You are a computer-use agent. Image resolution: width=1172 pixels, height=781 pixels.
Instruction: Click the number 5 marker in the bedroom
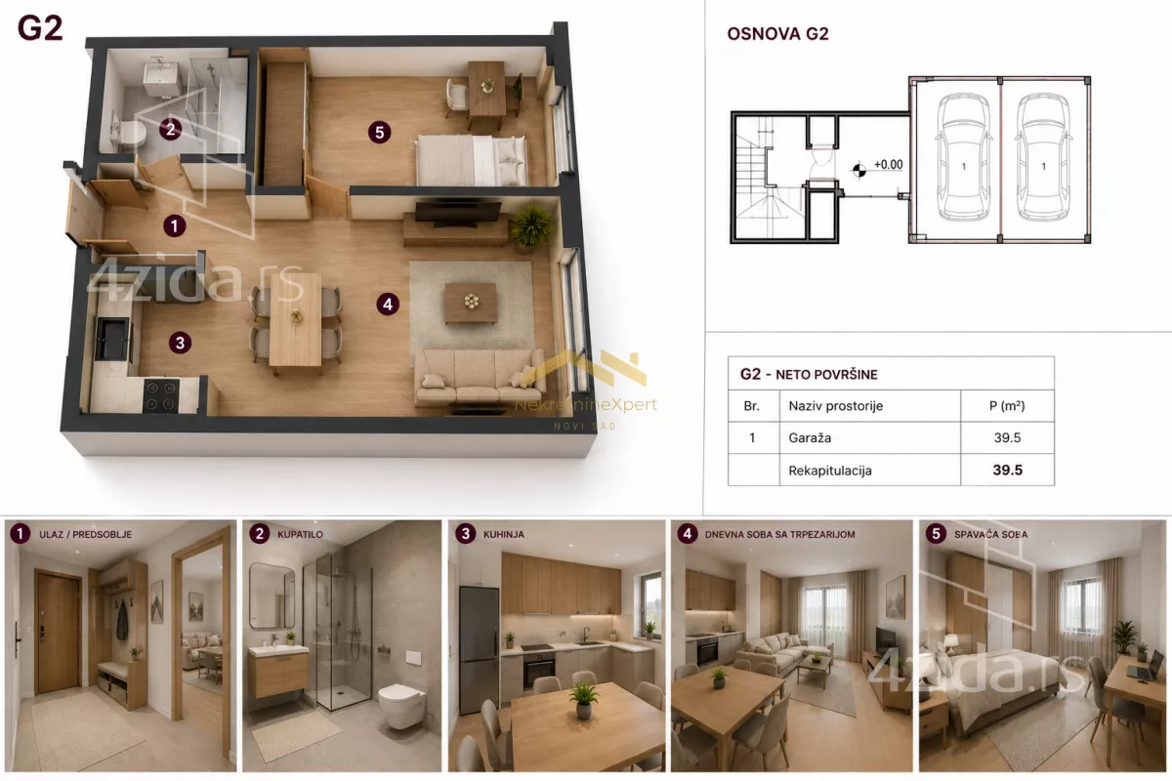pos(379,133)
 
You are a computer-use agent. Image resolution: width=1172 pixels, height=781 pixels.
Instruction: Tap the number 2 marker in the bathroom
pos(171,128)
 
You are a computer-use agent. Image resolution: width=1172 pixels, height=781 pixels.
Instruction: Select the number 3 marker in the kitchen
pos(180,343)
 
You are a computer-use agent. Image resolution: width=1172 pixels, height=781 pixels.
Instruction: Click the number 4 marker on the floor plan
pos(388,304)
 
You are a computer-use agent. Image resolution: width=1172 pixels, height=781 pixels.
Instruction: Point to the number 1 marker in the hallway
pos(175,226)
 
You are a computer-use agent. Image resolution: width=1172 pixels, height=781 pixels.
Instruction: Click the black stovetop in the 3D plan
pos(161,396)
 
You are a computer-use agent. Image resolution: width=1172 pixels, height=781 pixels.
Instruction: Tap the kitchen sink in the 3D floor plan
pos(112,339)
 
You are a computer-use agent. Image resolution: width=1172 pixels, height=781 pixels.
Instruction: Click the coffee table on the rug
pos(471,304)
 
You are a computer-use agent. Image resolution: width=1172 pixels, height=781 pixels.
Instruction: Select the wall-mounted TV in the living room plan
pos(458,214)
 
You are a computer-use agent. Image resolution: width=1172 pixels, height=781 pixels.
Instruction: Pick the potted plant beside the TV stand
pos(531,227)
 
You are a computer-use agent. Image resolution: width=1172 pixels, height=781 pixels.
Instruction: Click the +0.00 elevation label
pos(889,165)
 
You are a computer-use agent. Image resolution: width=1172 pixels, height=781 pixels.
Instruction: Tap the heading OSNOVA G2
pos(777,34)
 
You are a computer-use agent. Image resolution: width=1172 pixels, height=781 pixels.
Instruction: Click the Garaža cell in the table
pos(810,437)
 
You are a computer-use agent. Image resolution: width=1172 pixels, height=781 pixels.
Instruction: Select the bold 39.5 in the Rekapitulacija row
pos(1007,470)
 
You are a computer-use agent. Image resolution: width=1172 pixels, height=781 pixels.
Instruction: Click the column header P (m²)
pos(1007,405)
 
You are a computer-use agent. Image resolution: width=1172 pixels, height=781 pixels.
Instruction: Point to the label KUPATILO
pos(300,535)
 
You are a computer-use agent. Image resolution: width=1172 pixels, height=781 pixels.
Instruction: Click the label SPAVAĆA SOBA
pos(991,535)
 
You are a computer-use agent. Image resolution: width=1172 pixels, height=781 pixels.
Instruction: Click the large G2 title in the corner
pos(40,28)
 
